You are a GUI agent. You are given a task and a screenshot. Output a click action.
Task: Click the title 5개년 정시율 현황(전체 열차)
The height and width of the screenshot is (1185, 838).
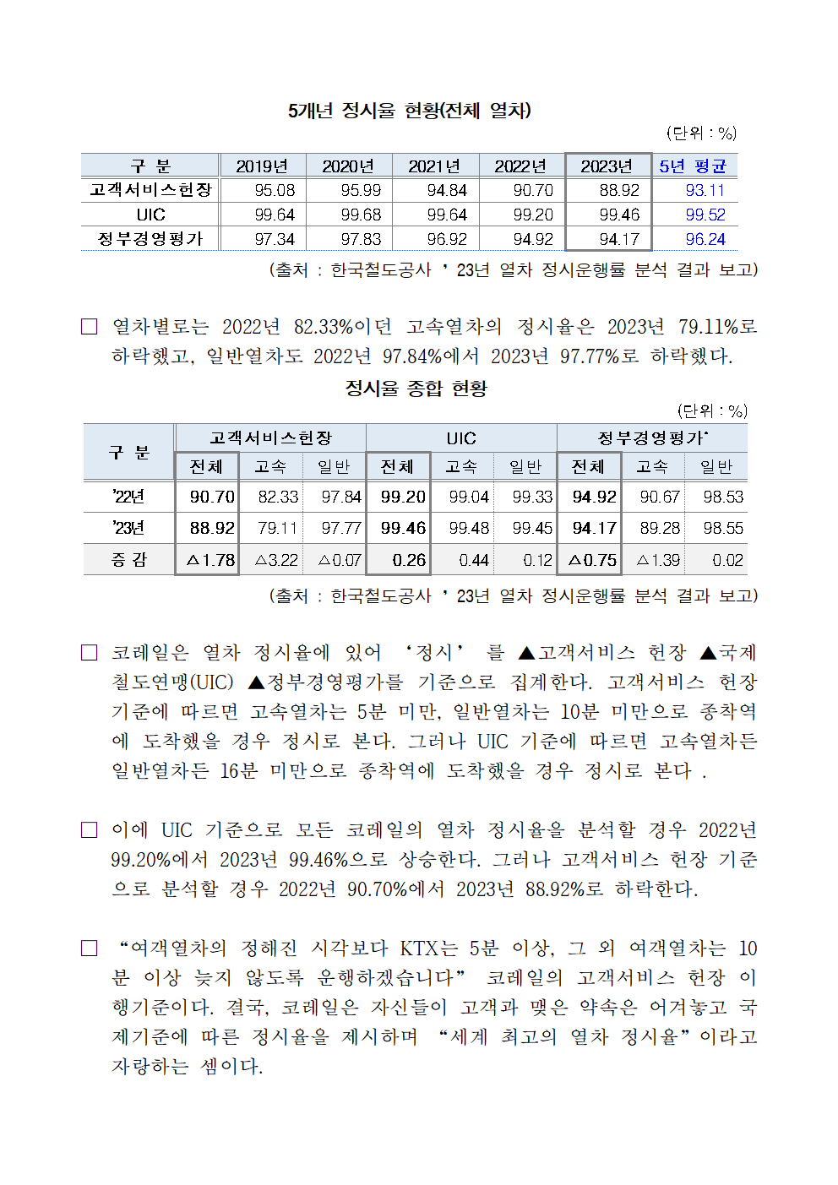(x=409, y=111)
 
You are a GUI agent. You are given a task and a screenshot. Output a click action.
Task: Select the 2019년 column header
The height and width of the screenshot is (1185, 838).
(x=262, y=166)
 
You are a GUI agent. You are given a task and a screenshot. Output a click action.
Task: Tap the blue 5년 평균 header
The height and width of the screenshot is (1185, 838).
(x=693, y=166)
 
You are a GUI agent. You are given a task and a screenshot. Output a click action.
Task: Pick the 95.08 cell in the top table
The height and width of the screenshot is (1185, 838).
(x=275, y=191)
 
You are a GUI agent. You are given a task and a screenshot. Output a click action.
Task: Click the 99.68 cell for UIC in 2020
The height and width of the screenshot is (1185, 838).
(x=361, y=215)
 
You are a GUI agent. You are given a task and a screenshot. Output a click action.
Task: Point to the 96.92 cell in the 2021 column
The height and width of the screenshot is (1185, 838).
(x=447, y=240)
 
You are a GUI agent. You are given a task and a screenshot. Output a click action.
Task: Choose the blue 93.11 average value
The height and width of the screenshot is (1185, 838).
(x=705, y=191)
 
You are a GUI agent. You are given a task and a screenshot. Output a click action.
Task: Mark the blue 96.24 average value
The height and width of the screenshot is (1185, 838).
(x=705, y=240)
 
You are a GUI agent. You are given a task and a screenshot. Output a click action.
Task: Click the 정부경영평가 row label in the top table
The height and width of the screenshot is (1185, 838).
(x=150, y=239)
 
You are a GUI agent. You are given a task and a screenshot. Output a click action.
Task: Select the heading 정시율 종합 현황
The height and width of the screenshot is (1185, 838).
(x=416, y=389)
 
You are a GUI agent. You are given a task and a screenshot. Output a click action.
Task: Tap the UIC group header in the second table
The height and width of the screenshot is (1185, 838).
(x=461, y=438)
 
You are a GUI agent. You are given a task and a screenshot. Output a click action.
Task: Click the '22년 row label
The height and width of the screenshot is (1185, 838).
(x=128, y=497)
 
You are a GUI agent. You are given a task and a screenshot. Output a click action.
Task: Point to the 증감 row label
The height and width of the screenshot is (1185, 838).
(x=128, y=560)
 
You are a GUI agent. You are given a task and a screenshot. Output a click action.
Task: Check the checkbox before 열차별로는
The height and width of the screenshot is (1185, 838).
(x=89, y=327)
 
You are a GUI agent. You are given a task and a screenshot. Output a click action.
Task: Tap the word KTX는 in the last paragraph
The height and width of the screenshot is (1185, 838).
(x=428, y=949)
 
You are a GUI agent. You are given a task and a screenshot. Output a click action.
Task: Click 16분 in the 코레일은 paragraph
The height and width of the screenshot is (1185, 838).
(x=238, y=771)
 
